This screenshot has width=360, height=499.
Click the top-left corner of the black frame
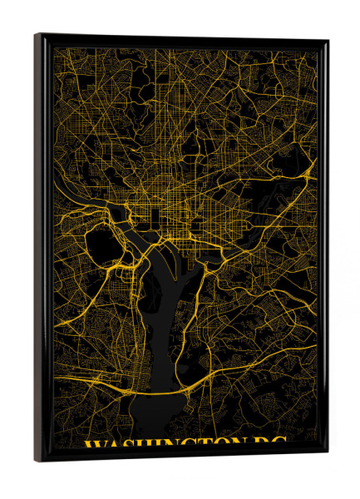(37, 36)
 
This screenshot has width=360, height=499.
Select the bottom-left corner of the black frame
(37, 459)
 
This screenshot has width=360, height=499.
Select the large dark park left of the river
(101, 245)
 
